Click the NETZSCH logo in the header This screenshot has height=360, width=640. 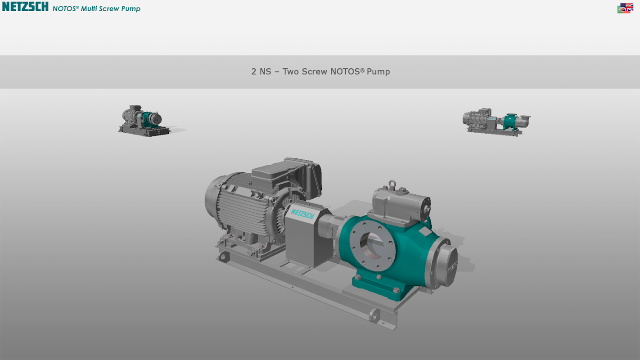point(25,7)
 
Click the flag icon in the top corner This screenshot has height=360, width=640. point(625,8)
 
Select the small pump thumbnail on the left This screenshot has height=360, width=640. point(144,121)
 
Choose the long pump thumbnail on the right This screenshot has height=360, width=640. point(496,122)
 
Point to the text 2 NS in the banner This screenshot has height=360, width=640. point(261,72)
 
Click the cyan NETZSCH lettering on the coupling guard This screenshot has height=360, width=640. point(302,213)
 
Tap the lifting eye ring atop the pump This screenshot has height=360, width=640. point(392,183)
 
